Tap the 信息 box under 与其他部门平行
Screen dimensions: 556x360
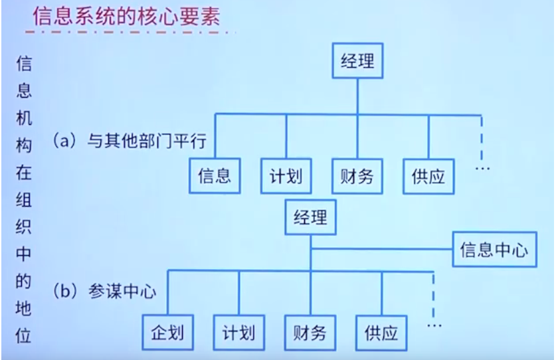(214, 176)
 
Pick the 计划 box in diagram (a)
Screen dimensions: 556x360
(286, 176)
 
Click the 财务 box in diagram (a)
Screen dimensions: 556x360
(357, 176)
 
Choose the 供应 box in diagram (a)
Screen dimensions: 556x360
(428, 176)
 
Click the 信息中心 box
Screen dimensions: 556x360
(494, 251)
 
